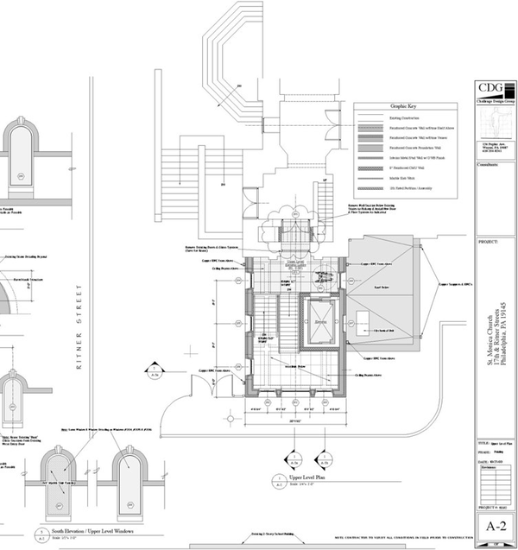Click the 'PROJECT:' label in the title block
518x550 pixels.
pos(488,243)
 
